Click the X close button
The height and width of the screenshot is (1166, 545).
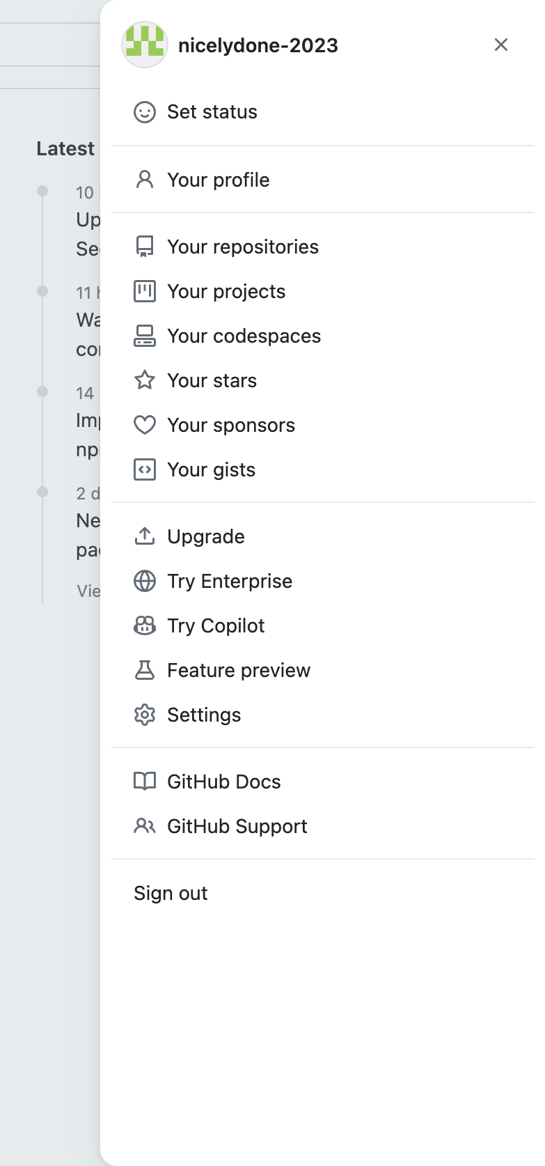click(x=500, y=45)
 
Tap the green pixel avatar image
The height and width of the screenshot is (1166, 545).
click(x=145, y=45)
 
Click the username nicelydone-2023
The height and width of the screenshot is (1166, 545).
click(x=258, y=46)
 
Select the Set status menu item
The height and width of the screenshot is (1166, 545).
click(x=212, y=112)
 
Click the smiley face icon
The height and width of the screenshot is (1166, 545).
click(x=145, y=112)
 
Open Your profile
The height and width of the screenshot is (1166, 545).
click(x=218, y=180)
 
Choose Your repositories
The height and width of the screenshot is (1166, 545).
click(x=242, y=247)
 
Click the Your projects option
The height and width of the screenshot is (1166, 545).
click(x=226, y=292)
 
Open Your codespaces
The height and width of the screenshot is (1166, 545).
click(x=244, y=336)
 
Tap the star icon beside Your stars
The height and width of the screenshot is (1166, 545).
click(x=145, y=380)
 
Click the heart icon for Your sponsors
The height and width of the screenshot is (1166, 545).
click(x=145, y=425)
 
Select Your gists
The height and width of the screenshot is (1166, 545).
click(x=211, y=470)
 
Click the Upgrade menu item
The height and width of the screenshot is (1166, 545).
click(x=205, y=537)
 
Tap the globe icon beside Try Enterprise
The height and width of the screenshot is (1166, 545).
click(x=145, y=581)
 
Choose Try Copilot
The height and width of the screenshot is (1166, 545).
click(x=216, y=626)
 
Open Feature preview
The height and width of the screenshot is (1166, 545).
click(x=238, y=671)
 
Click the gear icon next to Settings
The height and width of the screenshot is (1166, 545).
click(x=145, y=715)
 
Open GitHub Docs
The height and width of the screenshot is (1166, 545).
click(x=223, y=782)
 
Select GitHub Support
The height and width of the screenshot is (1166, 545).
click(x=237, y=827)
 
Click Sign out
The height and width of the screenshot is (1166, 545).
click(x=171, y=894)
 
